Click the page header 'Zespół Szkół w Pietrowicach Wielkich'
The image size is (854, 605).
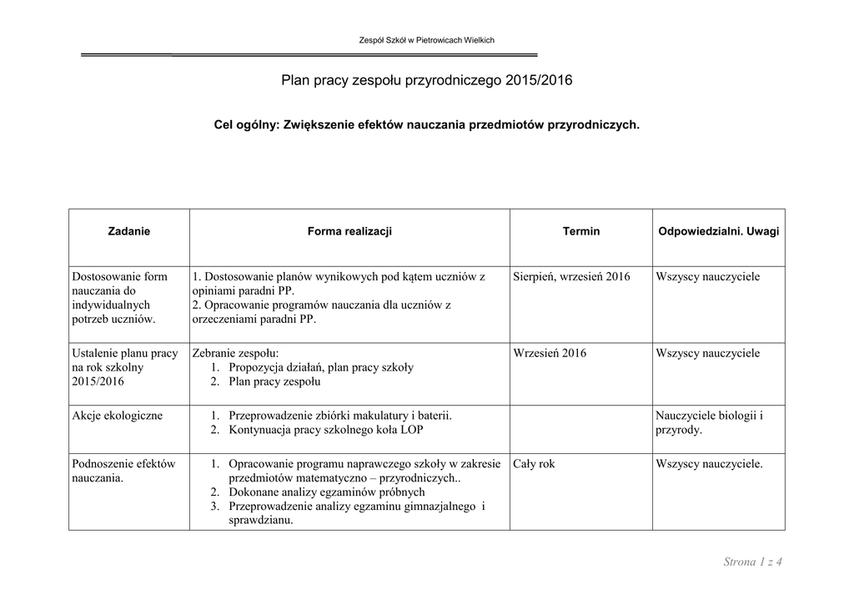[x=426, y=40]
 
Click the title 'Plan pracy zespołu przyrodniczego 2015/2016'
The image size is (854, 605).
[x=426, y=80]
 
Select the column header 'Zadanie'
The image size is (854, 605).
[x=129, y=231]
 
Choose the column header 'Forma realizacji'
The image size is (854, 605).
[x=349, y=231]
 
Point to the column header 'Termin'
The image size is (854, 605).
[x=580, y=231]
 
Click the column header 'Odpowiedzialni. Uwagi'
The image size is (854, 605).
[x=718, y=231]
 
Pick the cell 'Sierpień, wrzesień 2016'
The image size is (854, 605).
[x=571, y=276]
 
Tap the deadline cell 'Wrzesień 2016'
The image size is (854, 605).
[x=550, y=353]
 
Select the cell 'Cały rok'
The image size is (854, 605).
[x=534, y=464]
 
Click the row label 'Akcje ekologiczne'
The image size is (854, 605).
[x=118, y=415]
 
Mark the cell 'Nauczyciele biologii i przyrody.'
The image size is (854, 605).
[x=709, y=422]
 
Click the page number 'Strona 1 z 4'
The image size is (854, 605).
[x=752, y=562]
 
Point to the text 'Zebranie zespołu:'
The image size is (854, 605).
[x=235, y=353]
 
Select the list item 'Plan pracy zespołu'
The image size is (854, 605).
[x=274, y=381]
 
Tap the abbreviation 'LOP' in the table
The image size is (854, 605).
[x=411, y=430]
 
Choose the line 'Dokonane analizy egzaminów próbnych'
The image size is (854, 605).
[x=326, y=492]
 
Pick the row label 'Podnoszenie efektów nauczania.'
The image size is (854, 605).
[x=123, y=471]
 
